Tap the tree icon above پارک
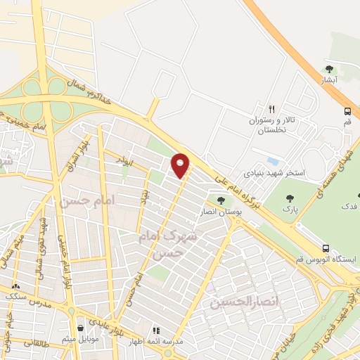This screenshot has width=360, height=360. (287, 197)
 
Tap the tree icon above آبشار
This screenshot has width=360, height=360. (329, 69)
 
